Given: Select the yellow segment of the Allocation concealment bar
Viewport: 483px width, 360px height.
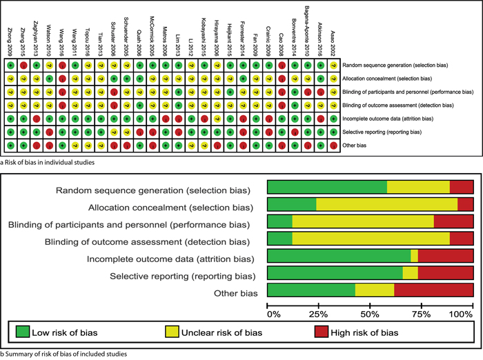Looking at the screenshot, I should pyautogui.click(x=386, y=205).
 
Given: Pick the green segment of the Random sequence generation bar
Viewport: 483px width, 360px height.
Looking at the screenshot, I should pyautogui.click(x=327, y=186).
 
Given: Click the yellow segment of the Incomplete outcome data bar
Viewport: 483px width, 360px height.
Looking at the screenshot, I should pyautogui.click(x=414, y=256).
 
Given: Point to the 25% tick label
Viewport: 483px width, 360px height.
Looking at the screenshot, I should pyautogui.click(x=318, y=314).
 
